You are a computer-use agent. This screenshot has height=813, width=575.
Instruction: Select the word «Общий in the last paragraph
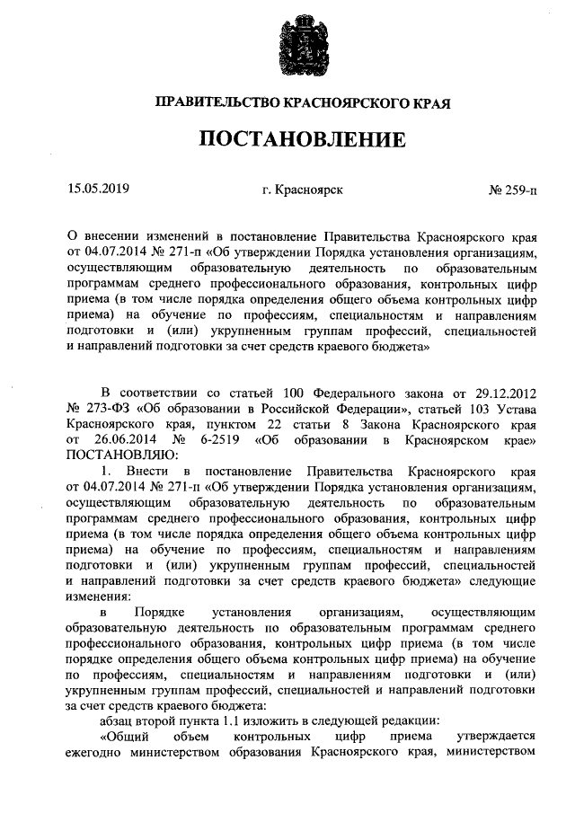point(128,736)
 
